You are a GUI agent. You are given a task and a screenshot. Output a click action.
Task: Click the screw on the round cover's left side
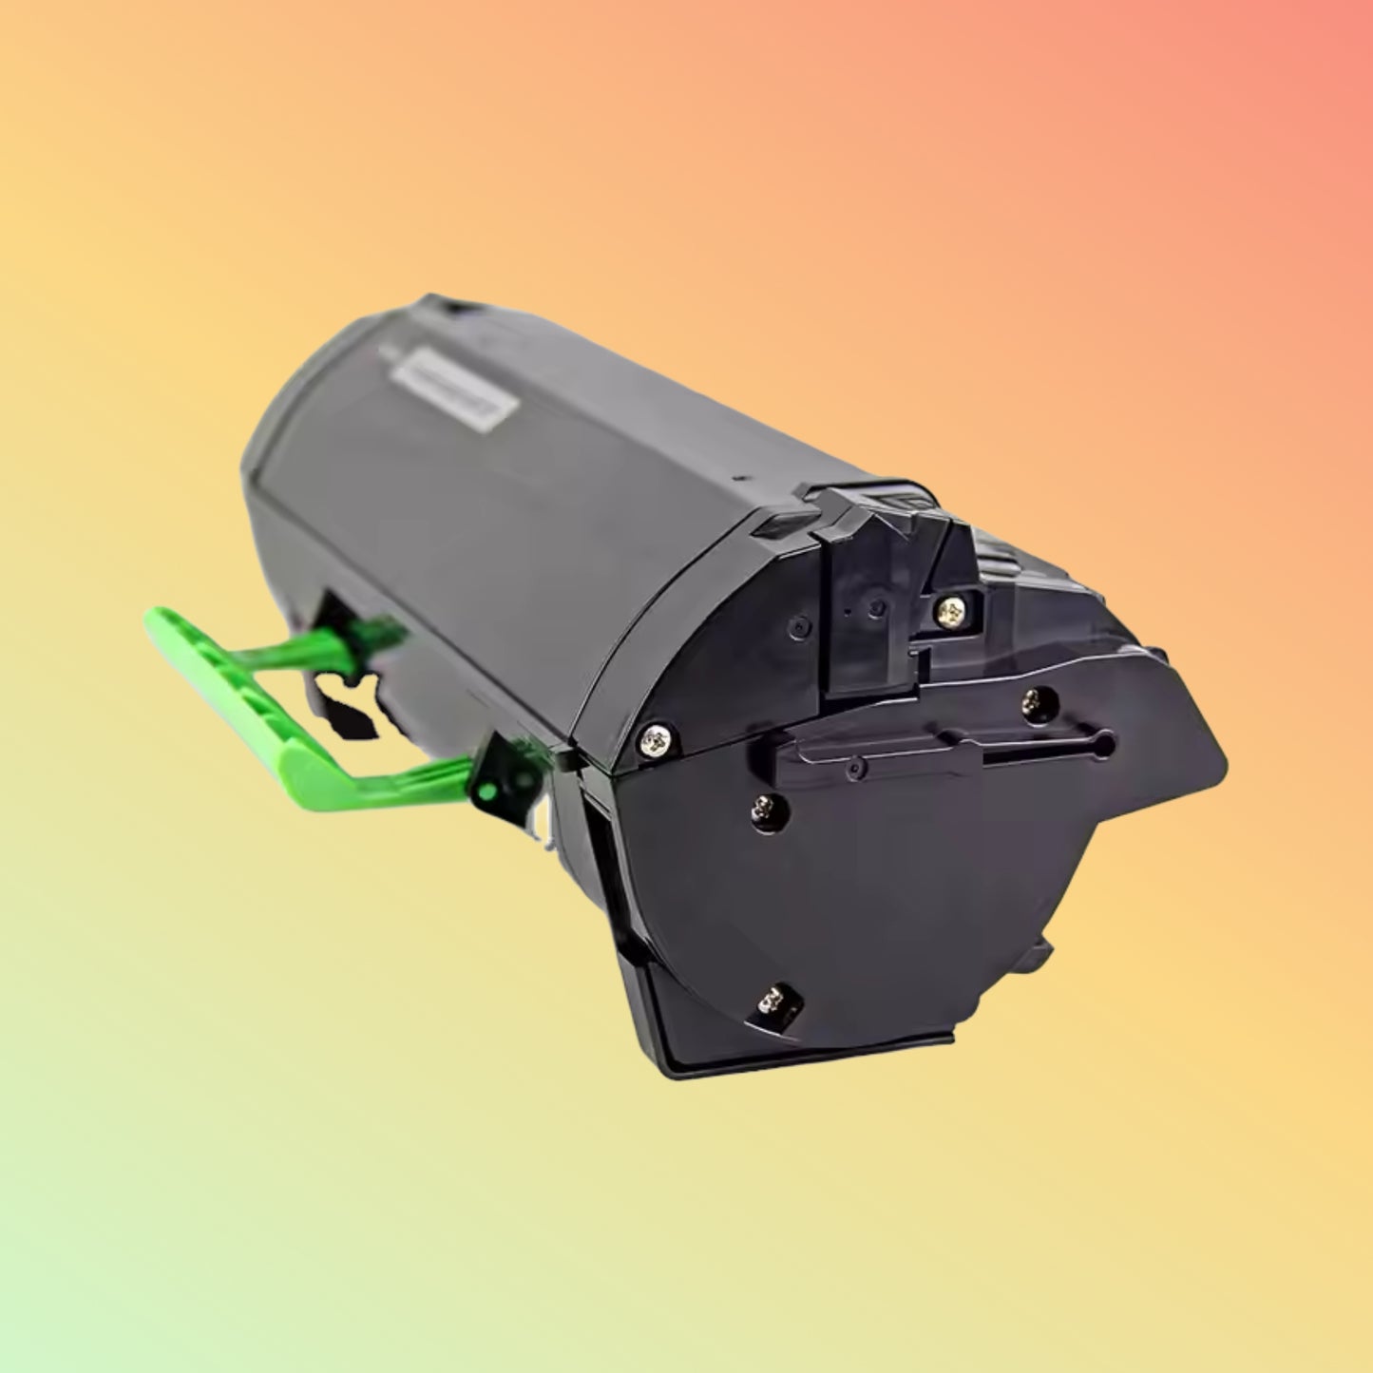pyautogui.click(x=762, y=809)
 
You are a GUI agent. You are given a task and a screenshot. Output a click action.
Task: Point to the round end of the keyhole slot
pyautogui.click(x=1103, y=738)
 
